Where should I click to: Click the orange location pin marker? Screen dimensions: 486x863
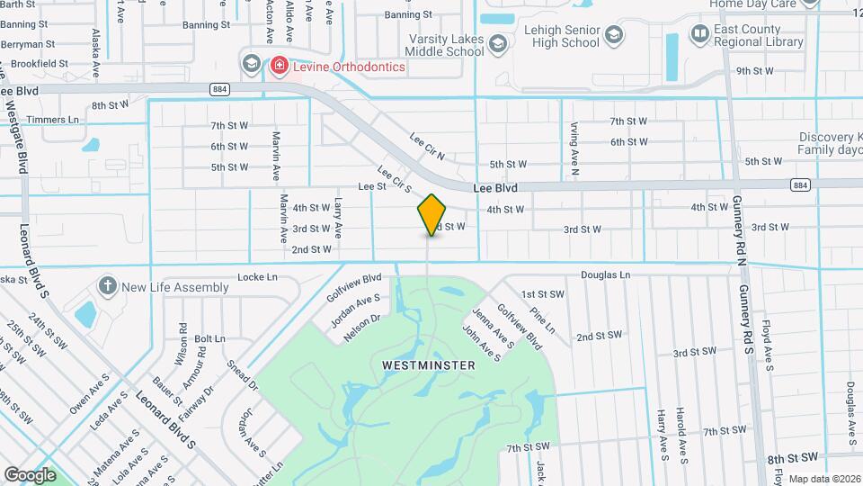click(x=431, y=214)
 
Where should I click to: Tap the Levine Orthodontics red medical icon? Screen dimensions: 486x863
click(x=279, y=66)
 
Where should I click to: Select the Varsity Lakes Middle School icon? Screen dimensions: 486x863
click(x=497, y=42)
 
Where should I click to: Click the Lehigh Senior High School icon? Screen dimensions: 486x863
click(x=614, y=35)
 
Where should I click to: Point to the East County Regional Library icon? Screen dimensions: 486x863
click(x=700, y=34)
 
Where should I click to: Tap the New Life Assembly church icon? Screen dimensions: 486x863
click(x=108, y=287)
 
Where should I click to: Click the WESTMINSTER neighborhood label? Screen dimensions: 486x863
click(x=429, y=365)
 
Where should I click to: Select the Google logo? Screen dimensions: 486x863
click(x=30, y=474)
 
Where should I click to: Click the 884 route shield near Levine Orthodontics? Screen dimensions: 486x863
click(x=220, y=89)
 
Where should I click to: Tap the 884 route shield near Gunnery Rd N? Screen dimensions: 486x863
click(x=799, y=184)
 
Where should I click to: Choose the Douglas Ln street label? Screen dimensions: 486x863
click(x=605, y=274)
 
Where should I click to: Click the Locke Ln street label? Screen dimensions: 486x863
click(x=254, y=277)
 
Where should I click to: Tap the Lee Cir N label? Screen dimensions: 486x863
click(x=427, y=146)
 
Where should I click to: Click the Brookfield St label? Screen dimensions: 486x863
click(x=35, y=63)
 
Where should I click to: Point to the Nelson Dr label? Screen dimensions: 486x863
click(x=362, y=325)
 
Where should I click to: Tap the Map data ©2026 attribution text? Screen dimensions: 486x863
click(x=824, y=479)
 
